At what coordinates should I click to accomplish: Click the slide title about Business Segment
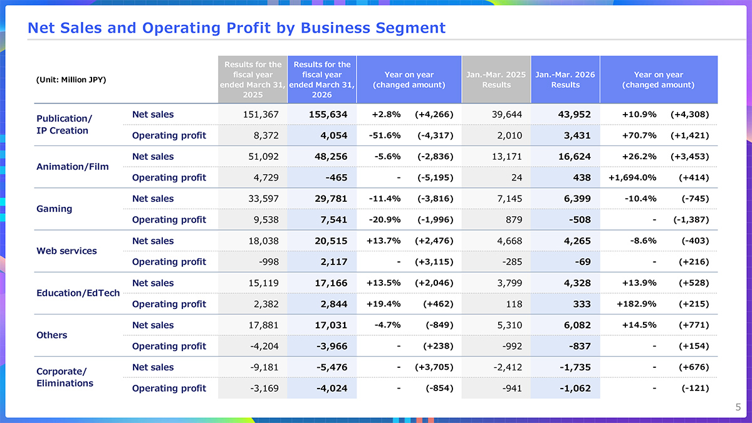[x=236, y=28]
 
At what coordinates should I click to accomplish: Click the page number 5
[x=738, y=407]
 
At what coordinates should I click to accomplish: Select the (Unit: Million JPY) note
[x=71, y=80]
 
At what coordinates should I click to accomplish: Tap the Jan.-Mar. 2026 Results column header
[x=565, y=80]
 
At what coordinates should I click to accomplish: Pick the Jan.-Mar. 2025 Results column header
[x=496, y=80]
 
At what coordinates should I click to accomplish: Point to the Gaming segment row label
[x=55, y=209]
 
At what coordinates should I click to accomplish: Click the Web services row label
[x=66, y=251]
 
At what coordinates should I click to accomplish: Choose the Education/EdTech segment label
[x=78, y=293]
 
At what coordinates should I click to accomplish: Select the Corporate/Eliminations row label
[x=65, y=377]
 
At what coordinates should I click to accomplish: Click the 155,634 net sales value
[x=328, y=115]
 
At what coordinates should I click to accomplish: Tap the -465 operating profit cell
[x=337, y=177]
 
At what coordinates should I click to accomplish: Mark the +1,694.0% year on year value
[x=632, y=177]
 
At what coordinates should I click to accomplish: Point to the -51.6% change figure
[x=385, y=135]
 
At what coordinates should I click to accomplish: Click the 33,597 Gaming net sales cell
[x=264, y=199]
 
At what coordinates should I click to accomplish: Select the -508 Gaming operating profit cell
[x=580, y=220]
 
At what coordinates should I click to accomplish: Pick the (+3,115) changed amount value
[x=434, y=262]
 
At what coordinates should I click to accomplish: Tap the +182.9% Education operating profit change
[x=637, y=304]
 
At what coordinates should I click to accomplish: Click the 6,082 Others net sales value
[x=577, y=325]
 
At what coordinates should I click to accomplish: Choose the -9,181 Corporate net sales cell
[x=264, y=367]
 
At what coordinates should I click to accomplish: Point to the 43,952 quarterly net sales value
[x=575, y=115]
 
